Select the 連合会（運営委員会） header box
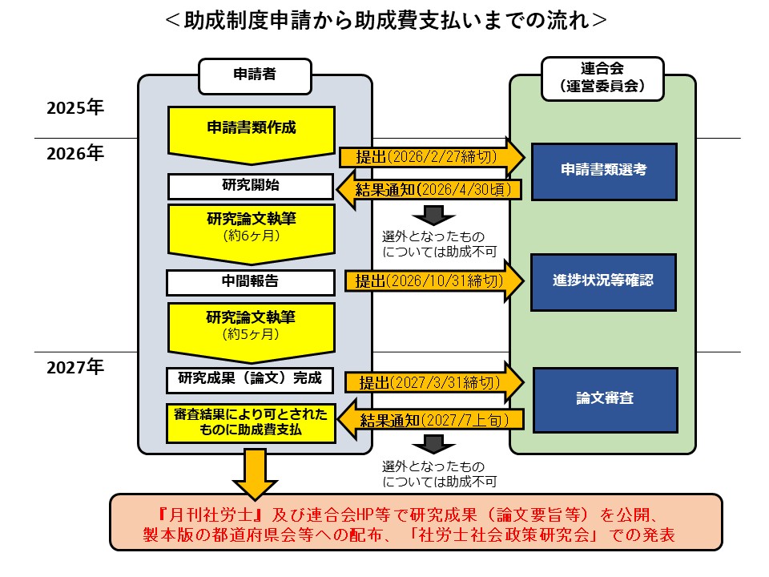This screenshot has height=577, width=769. tap(602, 79)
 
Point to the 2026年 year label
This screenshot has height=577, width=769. tap(75, 152)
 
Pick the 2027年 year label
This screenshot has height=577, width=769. tap(75, 368)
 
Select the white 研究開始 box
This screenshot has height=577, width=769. tap(251, 186)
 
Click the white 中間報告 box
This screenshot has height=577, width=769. tap(251, 282)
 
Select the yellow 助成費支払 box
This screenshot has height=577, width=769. tap(251, 423)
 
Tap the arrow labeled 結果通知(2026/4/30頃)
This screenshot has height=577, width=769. tap(428, 190)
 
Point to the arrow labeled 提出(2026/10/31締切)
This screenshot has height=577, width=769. tap(433, 281)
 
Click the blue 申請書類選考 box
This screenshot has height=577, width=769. tap(604, 170)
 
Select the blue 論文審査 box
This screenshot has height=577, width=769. tap(604, 395)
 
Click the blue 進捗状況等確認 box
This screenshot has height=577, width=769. tap(604, 281)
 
